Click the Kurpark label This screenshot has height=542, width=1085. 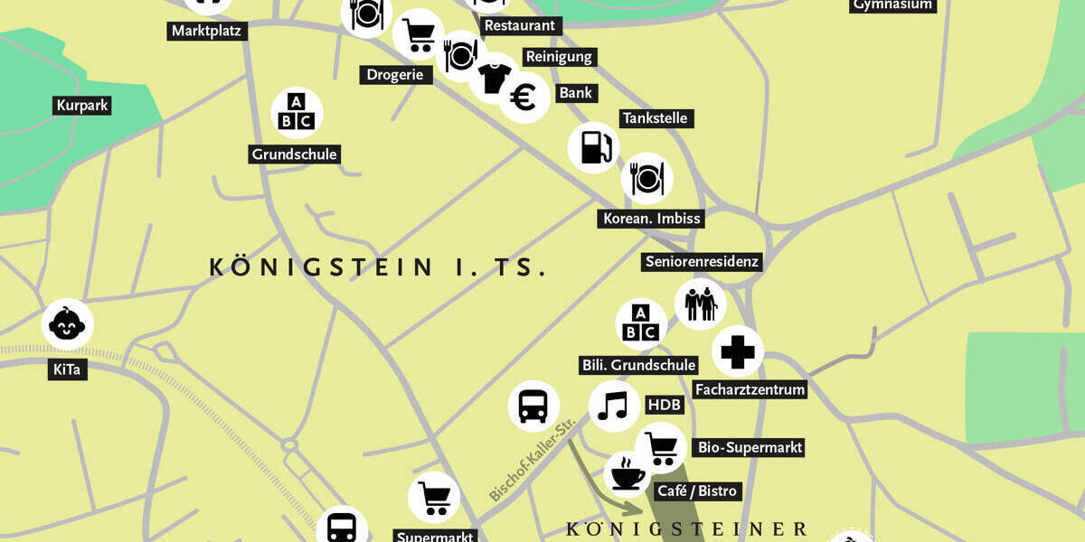coord(82,106)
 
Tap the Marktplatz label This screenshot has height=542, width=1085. coord(209,32)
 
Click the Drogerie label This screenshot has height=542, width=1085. coord(395,75)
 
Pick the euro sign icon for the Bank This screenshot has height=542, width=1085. coord(524,98)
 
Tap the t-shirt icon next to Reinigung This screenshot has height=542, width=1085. coord(494,78)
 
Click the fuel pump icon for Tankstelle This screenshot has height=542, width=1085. coord(594,147)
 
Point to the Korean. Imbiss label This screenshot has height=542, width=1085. coord(652,219)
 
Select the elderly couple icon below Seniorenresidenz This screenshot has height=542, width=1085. coord(700,304)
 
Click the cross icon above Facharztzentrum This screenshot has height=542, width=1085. coord(738,351)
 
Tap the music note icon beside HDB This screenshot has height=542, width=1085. coord(614,406)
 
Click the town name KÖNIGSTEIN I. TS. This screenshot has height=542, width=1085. coord(378,267)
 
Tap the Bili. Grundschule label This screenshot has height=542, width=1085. coord(638,365)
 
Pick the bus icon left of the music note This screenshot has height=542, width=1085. coord(533,406)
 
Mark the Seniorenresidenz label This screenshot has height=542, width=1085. coord(702,262)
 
